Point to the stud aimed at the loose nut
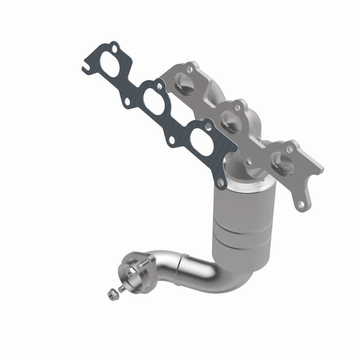click(x=122, y=288)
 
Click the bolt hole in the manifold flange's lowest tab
click(x=300, y=203)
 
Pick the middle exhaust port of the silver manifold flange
click(x=231, y=120)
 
